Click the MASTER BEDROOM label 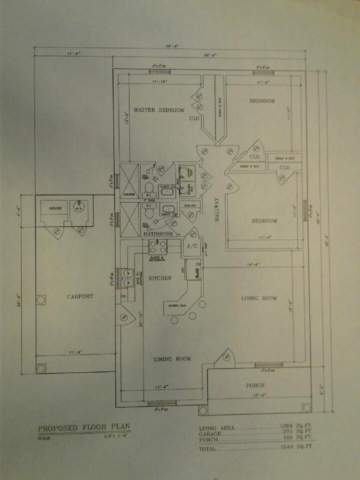pos(158,110)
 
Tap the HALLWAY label pos(217,213)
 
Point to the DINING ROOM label pos(172,358)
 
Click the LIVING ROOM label pos(259,298)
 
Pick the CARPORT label pos(80,296)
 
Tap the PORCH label pos(255,385)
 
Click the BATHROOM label pos(158,234)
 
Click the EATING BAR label pos(177,305)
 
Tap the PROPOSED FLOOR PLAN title pos(84,428)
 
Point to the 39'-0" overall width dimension pos(172,46)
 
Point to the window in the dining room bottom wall pos(163,403)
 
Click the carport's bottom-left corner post pos(40,368)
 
